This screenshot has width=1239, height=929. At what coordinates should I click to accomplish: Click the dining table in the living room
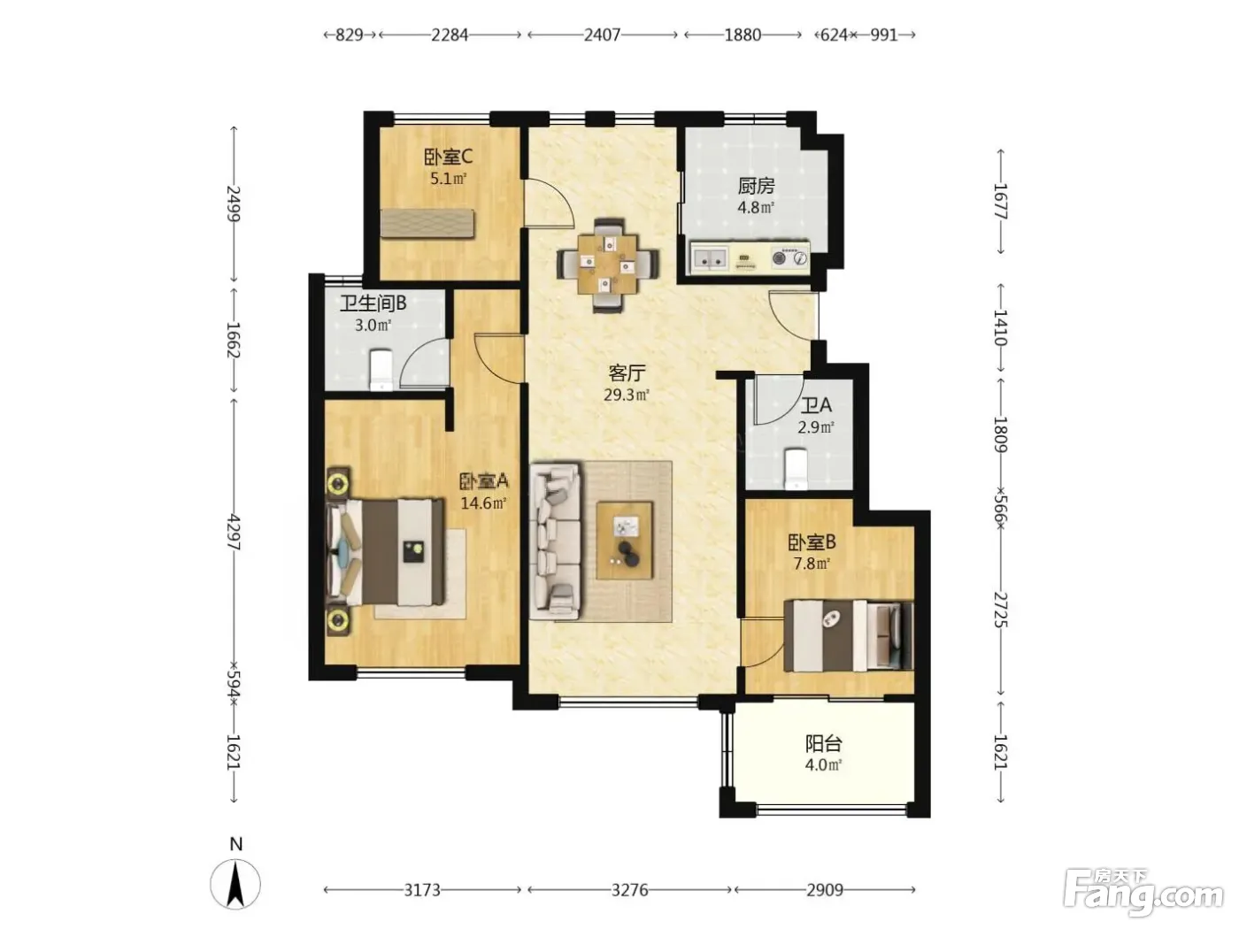coord(607,264)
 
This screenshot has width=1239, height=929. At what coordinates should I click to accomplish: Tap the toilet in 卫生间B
coord(381,370)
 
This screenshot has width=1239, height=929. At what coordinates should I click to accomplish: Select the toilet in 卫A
coord(796,468)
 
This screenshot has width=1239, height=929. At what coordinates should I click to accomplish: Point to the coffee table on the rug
coord(624,541)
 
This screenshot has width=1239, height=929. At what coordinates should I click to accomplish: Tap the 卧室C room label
coord(448,157)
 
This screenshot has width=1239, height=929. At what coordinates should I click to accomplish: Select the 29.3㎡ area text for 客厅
coord(626,395)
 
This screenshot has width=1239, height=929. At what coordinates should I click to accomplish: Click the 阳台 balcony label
coord(824,744)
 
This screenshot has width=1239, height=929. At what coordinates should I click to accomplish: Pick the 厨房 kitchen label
coord(756,186)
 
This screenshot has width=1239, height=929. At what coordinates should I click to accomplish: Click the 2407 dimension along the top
coord(603,35)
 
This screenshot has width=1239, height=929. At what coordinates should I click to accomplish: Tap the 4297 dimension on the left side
coord(234,532)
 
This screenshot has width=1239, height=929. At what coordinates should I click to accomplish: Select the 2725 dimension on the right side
coord(1000,610)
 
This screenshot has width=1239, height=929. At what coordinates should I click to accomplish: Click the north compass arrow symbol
coord(235,884)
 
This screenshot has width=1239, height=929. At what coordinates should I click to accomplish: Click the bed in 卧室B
coord(849,635)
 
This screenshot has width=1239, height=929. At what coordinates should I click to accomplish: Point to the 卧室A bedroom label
coord(484,481)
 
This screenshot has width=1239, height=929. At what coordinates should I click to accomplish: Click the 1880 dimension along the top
coord(743,35)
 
